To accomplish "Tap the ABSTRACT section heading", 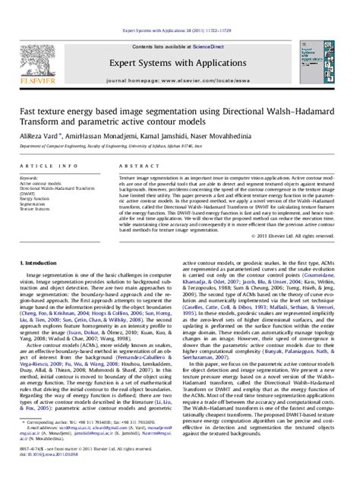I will [136, 164].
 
